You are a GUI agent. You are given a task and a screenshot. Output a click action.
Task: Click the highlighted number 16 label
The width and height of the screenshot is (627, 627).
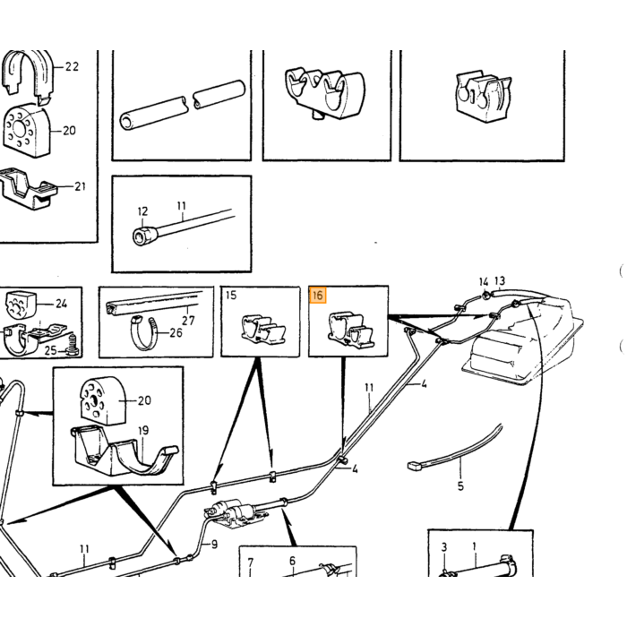click(318, 296)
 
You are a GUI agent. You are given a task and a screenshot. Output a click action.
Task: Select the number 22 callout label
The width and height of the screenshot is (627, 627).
click(72, 66)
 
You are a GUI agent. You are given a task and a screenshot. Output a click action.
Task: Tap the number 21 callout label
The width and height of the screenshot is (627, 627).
click(80, 186)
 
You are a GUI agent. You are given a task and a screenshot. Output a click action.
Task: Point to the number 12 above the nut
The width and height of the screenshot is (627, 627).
click(142, 211)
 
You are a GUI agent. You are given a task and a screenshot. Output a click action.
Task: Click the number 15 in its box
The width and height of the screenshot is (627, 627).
click(231, 295)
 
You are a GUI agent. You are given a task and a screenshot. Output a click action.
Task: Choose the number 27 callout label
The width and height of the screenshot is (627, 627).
click(188, 321)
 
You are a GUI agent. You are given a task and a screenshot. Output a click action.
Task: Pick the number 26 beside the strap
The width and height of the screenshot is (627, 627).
click(176, 332)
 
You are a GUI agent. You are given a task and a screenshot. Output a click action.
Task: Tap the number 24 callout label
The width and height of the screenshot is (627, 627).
click(61, 304)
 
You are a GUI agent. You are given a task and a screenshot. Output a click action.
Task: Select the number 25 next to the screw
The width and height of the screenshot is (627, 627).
click(50, 351)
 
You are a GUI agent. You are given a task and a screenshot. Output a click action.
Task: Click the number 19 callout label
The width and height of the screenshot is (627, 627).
click(143, 430)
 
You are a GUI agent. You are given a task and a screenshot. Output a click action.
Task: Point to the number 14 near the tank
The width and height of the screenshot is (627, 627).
click(484, 282)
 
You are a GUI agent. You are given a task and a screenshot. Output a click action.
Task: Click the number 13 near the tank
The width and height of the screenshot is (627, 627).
click(500, 280)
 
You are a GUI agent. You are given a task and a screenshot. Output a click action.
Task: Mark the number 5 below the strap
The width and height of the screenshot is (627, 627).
click(460, 486)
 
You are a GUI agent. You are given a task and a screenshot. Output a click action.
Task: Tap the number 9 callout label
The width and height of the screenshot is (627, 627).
click(214, 545)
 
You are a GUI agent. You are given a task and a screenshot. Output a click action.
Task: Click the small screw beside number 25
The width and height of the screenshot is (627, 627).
click(73, 346)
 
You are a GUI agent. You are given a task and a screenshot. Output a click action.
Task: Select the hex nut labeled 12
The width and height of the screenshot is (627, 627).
click(143, 236)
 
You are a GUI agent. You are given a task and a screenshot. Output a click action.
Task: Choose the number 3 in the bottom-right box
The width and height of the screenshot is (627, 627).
click(444, 547)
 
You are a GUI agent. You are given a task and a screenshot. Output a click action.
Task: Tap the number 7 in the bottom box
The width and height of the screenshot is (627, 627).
click(250, 563)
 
